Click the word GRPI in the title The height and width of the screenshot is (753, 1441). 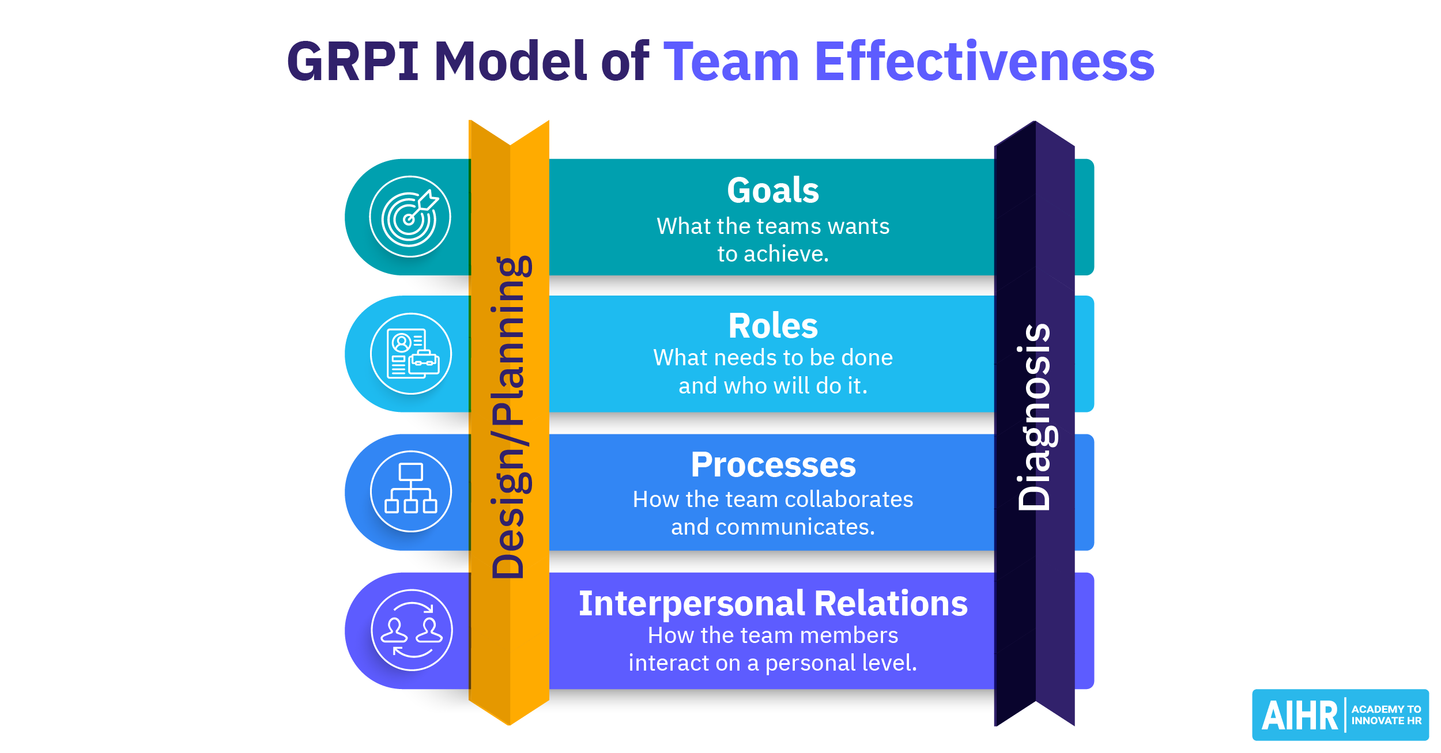tap(353, 62)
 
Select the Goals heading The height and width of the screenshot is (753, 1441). tap(773, 191)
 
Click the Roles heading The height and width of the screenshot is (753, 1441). tap(773, 326)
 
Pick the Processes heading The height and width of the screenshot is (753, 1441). tap(773, 465)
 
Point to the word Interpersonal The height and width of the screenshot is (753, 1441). tap(692, 604)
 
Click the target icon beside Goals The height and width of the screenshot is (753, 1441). tap(410, 217)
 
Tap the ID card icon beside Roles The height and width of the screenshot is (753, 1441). tap(411, 354)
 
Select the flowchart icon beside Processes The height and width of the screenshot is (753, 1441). tap(411, 491)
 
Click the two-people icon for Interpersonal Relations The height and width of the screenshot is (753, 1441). tap(412, 630)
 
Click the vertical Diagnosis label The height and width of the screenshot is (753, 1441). tap(1035, 417)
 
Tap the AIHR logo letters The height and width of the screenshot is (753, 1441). tap(1299, 716)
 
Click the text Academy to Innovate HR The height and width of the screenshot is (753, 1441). tap(1386, 715)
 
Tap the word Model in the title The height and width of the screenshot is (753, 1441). tap(510, 62)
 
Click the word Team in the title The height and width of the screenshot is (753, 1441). tap(732, 62)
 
